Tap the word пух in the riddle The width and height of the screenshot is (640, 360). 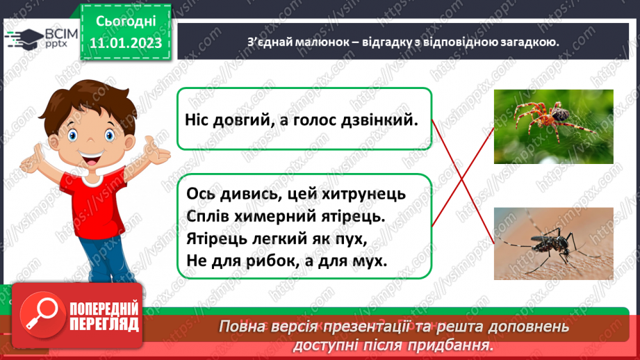point(350,238)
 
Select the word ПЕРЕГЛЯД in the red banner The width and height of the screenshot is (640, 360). point(104,324)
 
